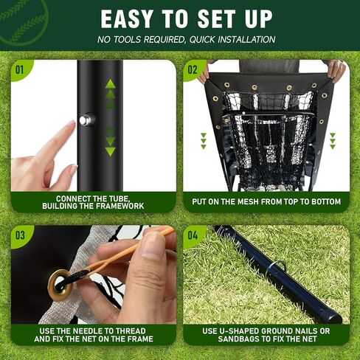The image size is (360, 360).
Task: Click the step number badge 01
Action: [20, 71]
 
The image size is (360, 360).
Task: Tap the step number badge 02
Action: [193, 71]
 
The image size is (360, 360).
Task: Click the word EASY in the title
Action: [131, 18]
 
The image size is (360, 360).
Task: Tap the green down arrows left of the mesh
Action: [204, 140]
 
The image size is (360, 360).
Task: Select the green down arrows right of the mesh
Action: [333, 140]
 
